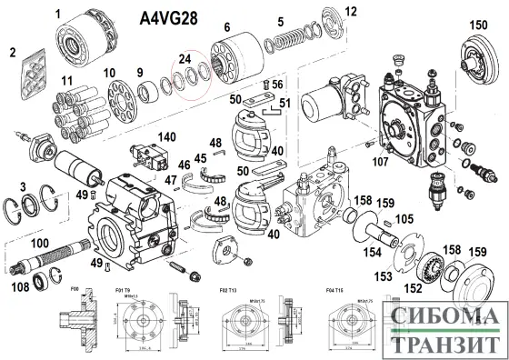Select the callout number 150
tap(478, 25)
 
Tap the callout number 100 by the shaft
tap(41, 243)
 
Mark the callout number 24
tap(185, 60)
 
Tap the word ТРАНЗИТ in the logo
tap(444, 345)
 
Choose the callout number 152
tap(414, 289)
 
